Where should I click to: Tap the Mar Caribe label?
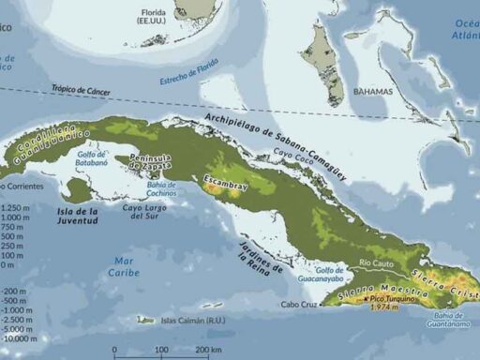121,265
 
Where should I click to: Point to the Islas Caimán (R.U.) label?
187,321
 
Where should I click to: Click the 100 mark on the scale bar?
161,351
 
